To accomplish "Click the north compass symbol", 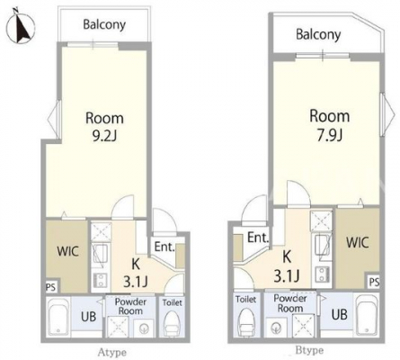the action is pyautogui.click(x=21, y=26).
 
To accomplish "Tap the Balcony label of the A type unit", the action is pyautogui.click(x=104, y=24).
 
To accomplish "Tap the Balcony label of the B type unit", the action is pyautogui.click(x=318, y=34).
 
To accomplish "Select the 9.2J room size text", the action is pyautogui.click(x=104, y=137).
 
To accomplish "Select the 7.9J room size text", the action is pyautogui.click(x=330, y=135).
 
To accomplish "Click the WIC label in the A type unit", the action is pyautogui.click(x=68, y=251).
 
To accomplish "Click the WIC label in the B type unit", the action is pyautogui.click(x=358, y=242).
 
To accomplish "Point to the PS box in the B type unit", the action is pyautogui.click(x=374, y=282).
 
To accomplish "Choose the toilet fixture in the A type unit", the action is pyautogui.click(x=173, y=323).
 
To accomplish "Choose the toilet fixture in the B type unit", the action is pyautogui.click(x=245, y=321).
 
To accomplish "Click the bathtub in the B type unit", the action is pyautogui.click(x=368, y=315).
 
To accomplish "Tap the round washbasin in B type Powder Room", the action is pyautogui.click(x=276, y=328).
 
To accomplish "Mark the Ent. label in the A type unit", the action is pyautogui.click(x=164, y=247).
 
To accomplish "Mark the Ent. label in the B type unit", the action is pyautogui.click(x=258, y=238).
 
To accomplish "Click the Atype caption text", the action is pyautogui.click(x=111, y=352).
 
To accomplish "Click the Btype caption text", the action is pyautogui.click(x=309, y=350).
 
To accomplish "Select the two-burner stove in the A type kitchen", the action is pyautogui.click(x=101, y=281).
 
